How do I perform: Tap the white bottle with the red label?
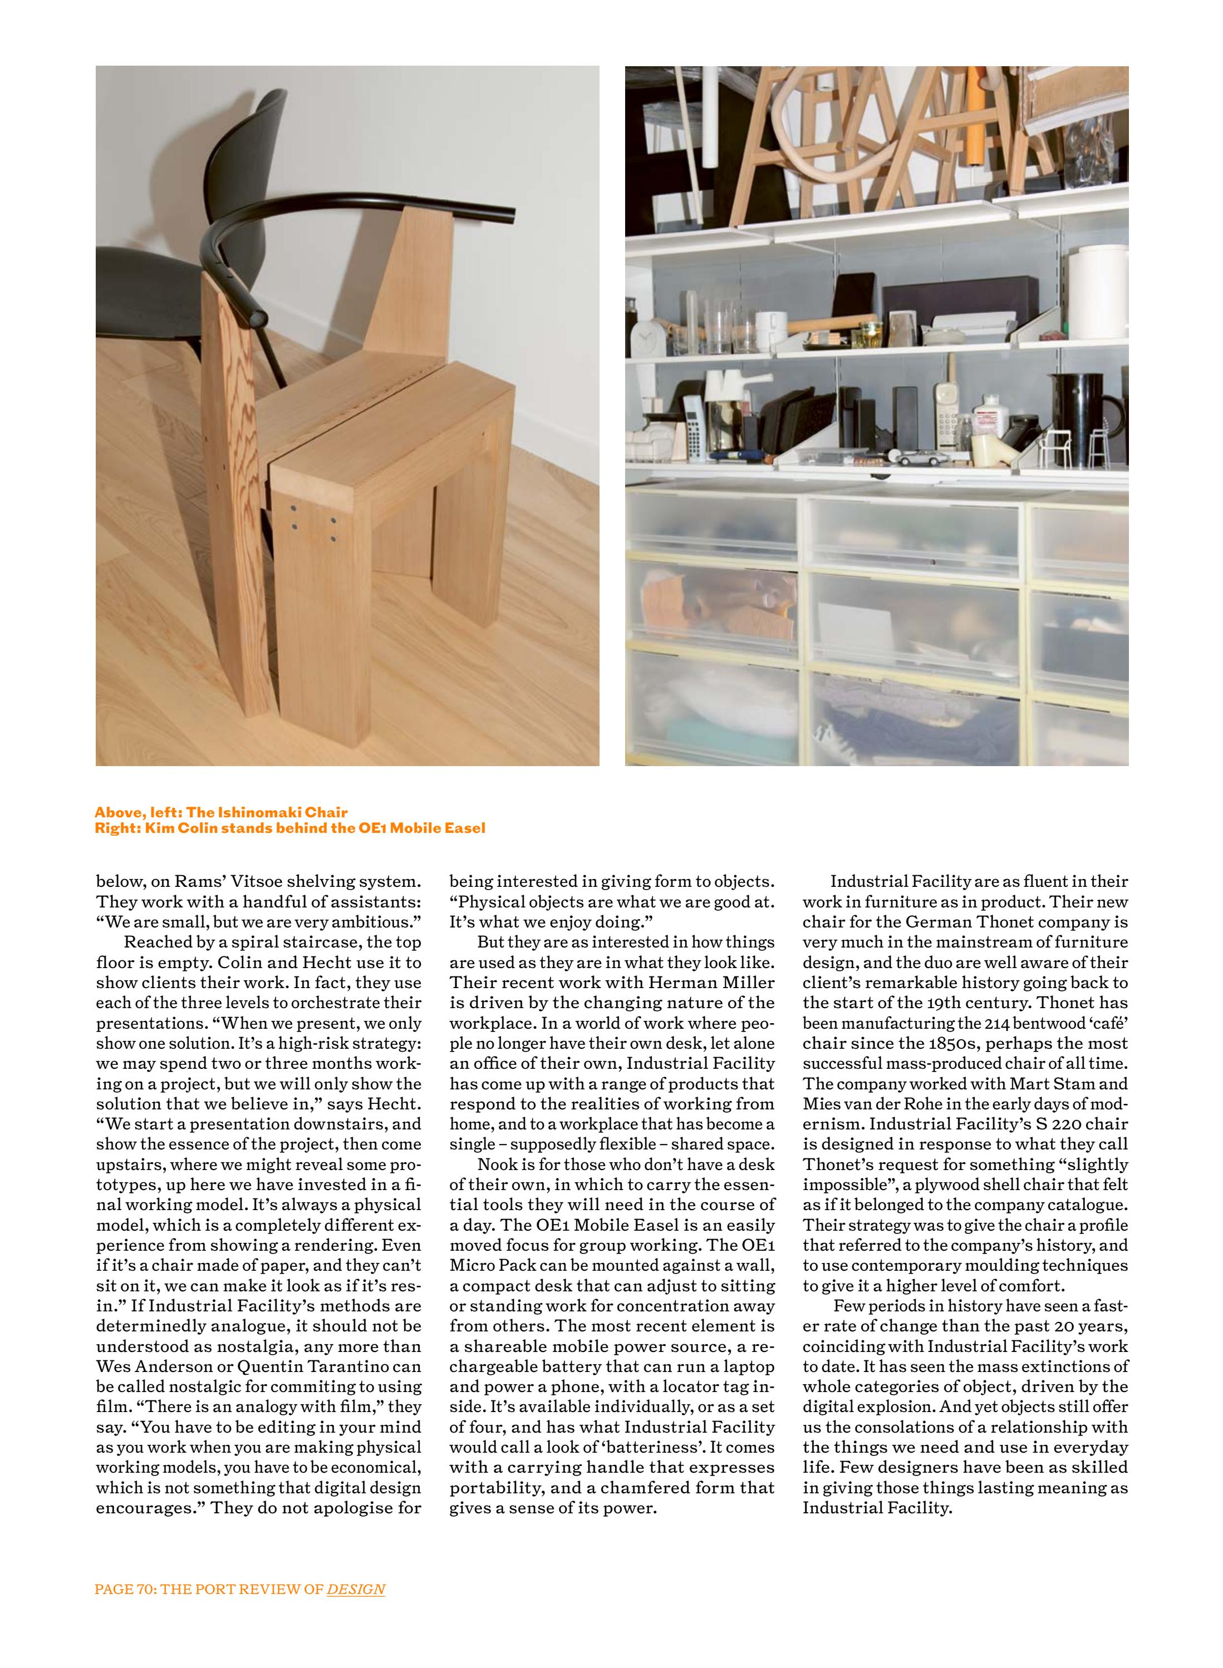[x=988, y=414]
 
